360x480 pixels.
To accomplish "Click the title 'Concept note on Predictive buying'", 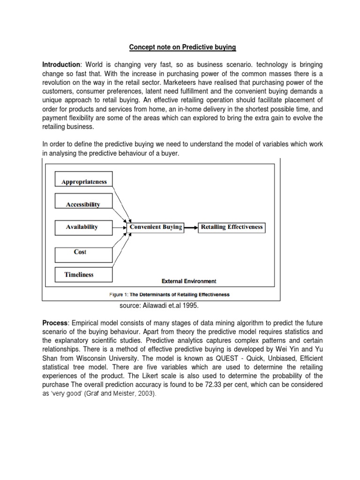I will click(183, 47).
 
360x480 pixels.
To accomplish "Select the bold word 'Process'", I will click(55, 324).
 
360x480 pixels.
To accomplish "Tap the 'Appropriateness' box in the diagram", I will click(84, 181).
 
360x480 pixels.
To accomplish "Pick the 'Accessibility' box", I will click(84, 204).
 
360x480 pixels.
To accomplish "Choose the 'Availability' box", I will click(82, 227).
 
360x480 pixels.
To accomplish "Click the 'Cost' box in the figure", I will click(80, 252).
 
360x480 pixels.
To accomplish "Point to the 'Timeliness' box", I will click(79, 275).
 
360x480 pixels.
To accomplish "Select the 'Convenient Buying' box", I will click(156, 227).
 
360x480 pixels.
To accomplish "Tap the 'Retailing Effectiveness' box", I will click(232, 227).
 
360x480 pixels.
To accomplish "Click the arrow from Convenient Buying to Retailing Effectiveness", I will click(191, 228).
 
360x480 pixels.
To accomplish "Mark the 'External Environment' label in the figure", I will click(189, 281).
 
